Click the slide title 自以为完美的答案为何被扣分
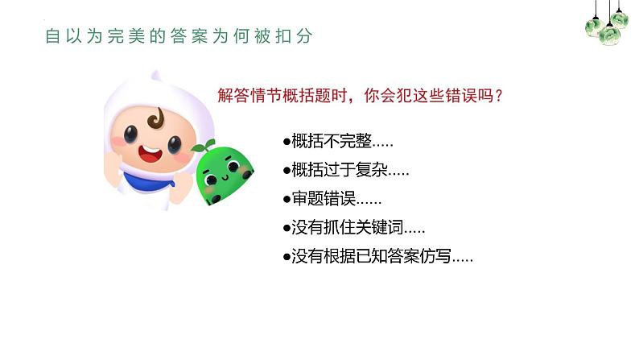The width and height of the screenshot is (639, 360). [x=179, y=36]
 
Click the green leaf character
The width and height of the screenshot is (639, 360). [x=226, y=173]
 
